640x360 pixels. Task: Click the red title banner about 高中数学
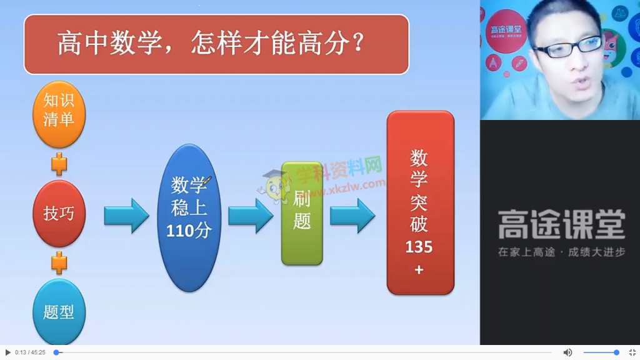pos(216,44)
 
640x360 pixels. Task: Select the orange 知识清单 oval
pos(59,114)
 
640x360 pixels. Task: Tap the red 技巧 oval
pos(59,214)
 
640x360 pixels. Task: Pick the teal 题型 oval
pos(59,312)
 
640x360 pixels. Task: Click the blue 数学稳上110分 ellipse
pos(189,217)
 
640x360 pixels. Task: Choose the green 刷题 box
pos(302,213)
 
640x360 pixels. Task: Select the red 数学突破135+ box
pos(421,202)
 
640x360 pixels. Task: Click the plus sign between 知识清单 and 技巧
pos(59,164)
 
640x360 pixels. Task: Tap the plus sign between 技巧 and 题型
pos(59,263)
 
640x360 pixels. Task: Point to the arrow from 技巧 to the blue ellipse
pos(126,216)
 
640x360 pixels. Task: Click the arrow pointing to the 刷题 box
pos(251,216)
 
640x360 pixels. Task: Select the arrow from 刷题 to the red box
pos(352,216)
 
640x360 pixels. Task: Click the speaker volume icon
pos(567,352)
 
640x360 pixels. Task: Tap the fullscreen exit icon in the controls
pos(632,352)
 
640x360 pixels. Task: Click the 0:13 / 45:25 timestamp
pos(30,352)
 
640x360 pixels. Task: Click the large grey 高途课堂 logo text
pos(562,224)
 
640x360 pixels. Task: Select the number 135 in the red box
pos(419,246)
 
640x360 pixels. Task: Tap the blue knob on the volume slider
pos(616,352)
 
